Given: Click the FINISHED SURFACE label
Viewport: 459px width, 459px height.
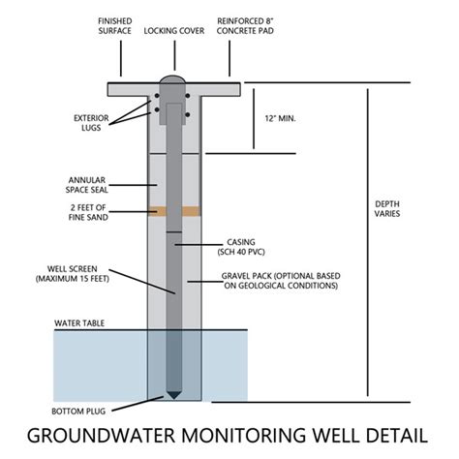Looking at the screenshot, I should pos(119,25).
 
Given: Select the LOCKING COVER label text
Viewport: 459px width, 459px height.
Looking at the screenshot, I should pos(174,31).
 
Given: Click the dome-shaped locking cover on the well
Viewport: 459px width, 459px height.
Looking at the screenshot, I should pos(174,80).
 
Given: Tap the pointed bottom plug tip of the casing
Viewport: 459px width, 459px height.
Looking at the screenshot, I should pos(174,395).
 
